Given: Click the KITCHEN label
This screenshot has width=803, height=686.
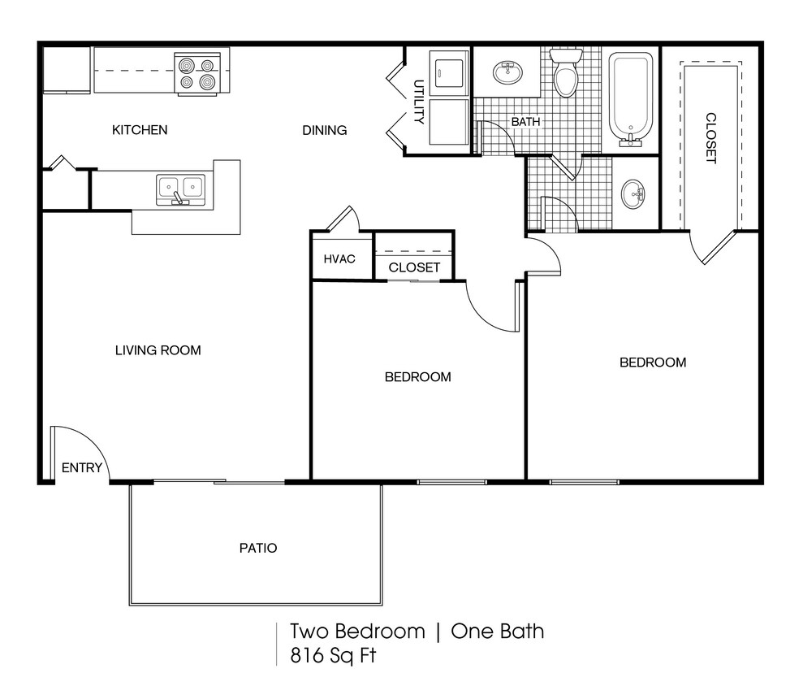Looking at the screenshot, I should [x=140, y=130].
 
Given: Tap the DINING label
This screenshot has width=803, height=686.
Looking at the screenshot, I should [x=325, y=130].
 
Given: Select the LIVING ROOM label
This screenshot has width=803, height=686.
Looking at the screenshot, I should [x=158, y=350].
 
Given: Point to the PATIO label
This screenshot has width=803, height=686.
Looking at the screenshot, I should [x=258, y=548].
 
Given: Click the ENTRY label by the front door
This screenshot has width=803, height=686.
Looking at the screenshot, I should [x=82, y=467].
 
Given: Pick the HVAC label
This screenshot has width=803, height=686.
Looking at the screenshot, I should [x=339, y=259].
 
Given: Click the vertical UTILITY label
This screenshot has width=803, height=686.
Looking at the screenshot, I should [x=419, y=102].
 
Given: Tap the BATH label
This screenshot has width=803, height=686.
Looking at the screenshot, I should [x=525, y=122].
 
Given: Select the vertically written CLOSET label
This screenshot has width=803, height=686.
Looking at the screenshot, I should [x=711, y=138].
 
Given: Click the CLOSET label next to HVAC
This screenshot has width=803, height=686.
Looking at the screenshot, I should [x=414, y=267].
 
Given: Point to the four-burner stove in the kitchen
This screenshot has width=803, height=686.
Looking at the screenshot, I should [x=198, y=73].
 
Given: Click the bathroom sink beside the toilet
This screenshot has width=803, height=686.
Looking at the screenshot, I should [x=508, y=74].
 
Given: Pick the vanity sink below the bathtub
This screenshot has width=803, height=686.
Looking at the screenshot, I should [x=634, y=193].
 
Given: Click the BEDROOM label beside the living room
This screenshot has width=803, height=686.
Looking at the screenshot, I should [x=417, y=377].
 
